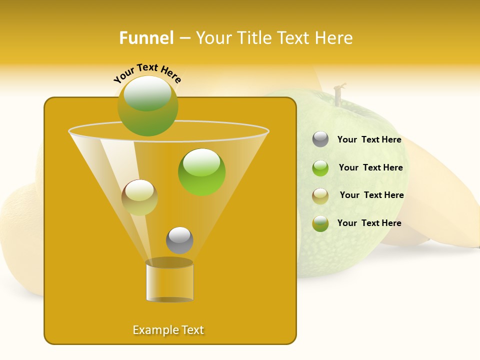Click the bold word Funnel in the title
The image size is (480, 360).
[x=146, y=38]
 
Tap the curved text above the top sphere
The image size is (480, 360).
[x=147, y=73]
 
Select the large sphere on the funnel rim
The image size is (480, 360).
[x=148, y=106]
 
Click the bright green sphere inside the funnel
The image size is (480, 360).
[x=201, y=172]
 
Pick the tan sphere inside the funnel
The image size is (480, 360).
[x=139, y=197]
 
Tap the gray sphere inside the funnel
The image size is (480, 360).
[x=179, y=240]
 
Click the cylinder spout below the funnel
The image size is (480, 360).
[x=169, y=282]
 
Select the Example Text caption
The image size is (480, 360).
[x=168, y=330]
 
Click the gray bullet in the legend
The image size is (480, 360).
[x=320, y=139]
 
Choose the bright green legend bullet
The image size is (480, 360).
[x=320, y=168]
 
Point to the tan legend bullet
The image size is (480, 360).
[x=320, y=196]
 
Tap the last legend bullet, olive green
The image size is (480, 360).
[x=320, y=223]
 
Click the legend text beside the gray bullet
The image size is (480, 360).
[x=369, y=140]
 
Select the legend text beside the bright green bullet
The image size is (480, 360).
[x=370, y=168]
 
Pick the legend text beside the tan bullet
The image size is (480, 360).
[x=371, y=195]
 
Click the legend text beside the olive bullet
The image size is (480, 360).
[x=369, y=223]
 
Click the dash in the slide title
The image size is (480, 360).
[x=184, y=38]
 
